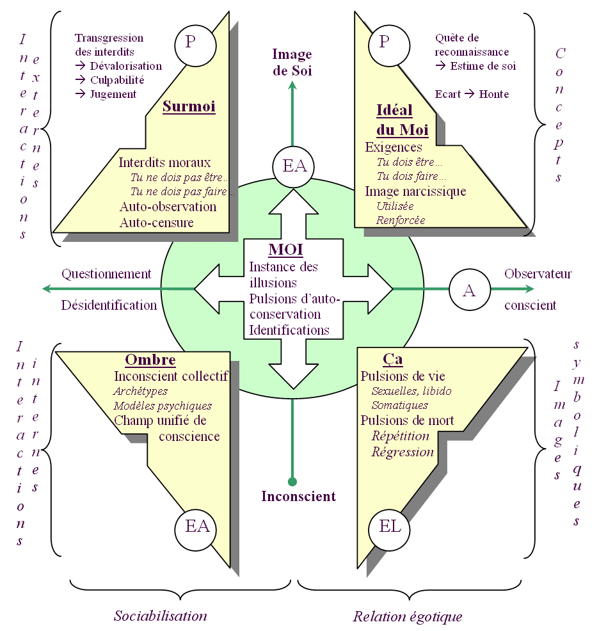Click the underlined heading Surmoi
click(189, 106)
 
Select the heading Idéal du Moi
click(402, 120)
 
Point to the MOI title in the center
click(285, 250)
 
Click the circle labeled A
click(469, 290)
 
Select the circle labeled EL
click(390, 527)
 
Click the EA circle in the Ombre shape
click(196, 527)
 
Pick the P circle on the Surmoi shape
click(190, 42)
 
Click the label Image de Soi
click(292, 62)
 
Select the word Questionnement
click(106, 274)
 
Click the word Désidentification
click(109, 305)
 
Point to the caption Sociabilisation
click(161, 616)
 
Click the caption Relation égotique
click(407, 617)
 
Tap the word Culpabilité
click(116, 80)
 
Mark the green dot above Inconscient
click(292, 481)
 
